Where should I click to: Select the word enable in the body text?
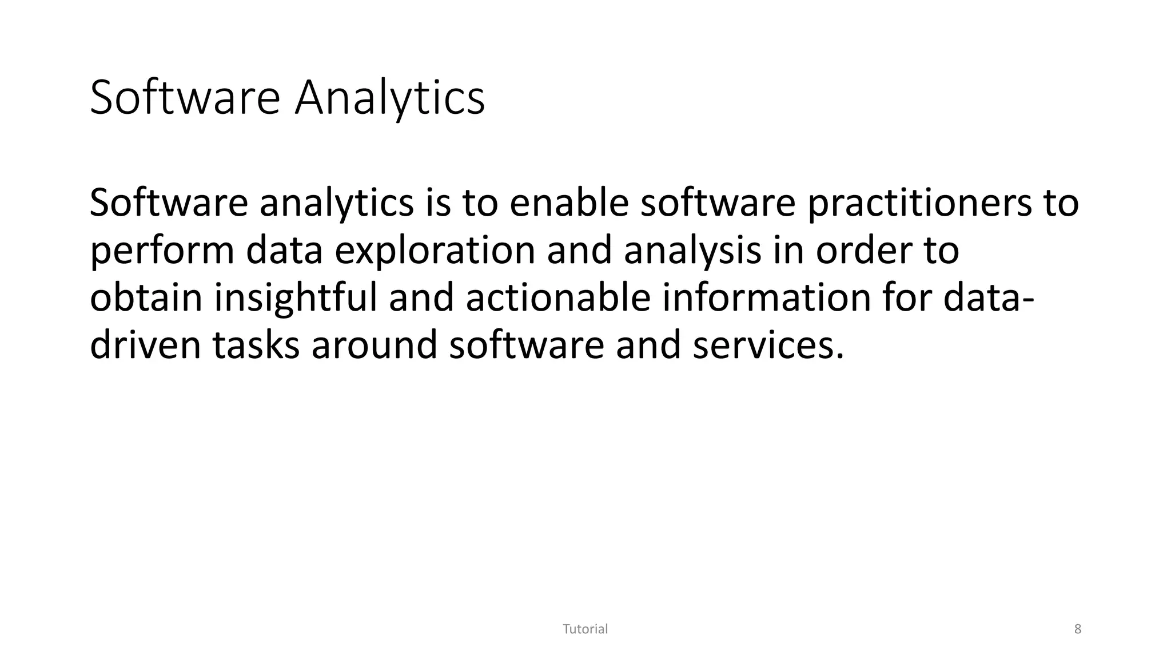(569, 203)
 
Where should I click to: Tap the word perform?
(162, 251)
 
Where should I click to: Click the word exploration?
(435, 251)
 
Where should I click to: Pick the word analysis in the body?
(692, 251)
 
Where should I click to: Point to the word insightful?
(296, 299)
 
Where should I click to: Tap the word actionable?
(558, 299)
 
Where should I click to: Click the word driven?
(145, 346)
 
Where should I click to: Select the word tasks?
(256, 346)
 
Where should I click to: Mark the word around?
(374, 346)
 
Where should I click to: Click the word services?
(768, 346)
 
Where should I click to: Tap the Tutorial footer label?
(585, 629)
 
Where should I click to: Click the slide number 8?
(1078, 629)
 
